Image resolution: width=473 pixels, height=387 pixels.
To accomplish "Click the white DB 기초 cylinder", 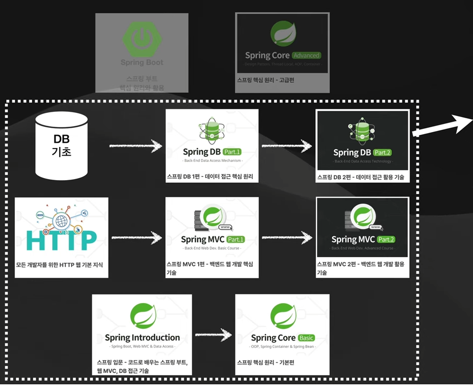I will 61,145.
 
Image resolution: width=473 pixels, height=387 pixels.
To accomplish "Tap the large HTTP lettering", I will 61,240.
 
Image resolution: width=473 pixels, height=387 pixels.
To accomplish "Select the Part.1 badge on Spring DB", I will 232,152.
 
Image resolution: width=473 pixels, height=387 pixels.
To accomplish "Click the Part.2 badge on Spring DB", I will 383,153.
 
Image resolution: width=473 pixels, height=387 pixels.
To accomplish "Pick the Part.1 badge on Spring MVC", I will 235,239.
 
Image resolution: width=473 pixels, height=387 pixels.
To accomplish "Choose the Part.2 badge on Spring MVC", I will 386,239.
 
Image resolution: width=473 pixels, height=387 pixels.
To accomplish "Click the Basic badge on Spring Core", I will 306,338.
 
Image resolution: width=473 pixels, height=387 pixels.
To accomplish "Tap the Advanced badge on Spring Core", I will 306,55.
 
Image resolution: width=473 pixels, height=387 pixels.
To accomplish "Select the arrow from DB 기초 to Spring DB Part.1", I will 136,145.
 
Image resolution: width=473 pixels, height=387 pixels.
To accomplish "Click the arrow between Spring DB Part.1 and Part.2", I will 287,145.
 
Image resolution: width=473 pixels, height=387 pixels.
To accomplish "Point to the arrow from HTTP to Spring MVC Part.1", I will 136,236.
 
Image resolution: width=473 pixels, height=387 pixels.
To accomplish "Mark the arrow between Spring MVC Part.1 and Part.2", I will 287,236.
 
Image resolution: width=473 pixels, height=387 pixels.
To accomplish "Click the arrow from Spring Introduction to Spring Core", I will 212,335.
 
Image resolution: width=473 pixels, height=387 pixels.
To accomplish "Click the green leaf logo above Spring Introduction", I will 142,316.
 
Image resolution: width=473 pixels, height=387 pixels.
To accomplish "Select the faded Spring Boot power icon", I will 141,36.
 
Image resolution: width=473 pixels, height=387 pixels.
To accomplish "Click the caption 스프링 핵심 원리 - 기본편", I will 265,362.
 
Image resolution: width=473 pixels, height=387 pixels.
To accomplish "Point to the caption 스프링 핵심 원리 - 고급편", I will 265,80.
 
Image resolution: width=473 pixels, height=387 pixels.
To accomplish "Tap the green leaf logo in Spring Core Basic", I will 283,316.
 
